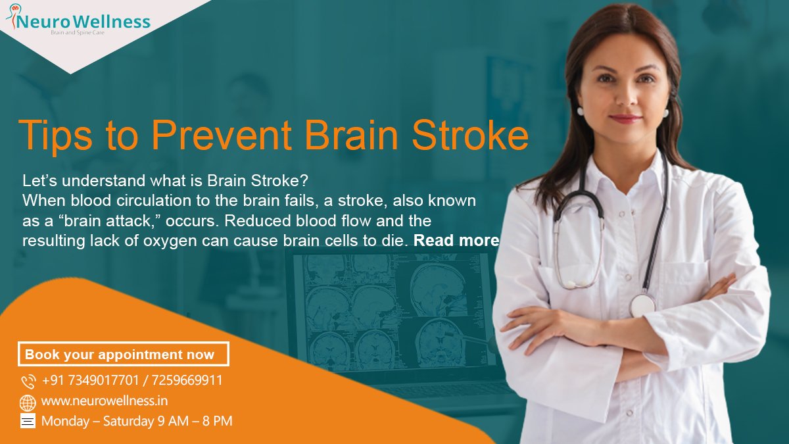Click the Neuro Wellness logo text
tap(84, 22)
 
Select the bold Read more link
tap(456, 241)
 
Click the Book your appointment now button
tap(123, 355)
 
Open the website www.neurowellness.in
tap(99, 401)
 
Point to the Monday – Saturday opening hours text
tap(137, 421)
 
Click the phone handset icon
tap(28, 382)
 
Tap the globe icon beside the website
tap(28, 402)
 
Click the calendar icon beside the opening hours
tap(28, 422)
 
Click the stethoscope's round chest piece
tap(642, 304)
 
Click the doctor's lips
tap(625, 118)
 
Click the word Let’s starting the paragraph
tap(41, 180)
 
